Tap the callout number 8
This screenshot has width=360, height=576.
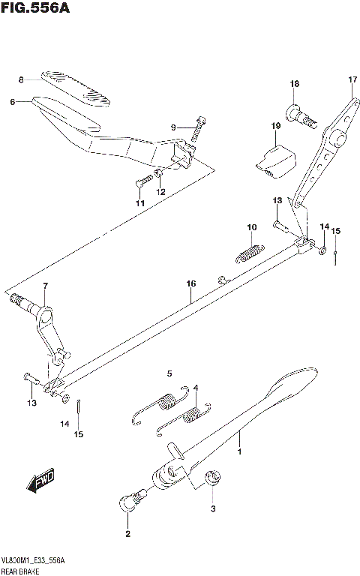pyautogui.click(x=22, y=79)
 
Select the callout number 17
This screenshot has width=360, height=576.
pyautogui.click(x=352, y=79)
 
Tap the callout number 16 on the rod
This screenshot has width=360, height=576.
pyautogui.click(x=191, y=283)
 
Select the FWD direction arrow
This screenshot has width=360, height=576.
pyautogui.click(x=41, y=481)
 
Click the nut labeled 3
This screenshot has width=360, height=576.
pyautogui.click(x=212, y=476)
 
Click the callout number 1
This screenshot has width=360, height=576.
pyautogui.click(x=239, y=453)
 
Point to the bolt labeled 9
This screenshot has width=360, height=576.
pyautogui.click(x=198, y=130)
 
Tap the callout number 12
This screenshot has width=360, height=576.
pyautogui.click(x=159, y=192)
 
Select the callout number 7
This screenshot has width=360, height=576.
pyautogui.click(x=45, y=286)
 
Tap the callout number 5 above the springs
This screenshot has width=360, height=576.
pyautogui.click(x=169, y=373)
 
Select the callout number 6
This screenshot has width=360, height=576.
pyautogui.click(x=13, y=102)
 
